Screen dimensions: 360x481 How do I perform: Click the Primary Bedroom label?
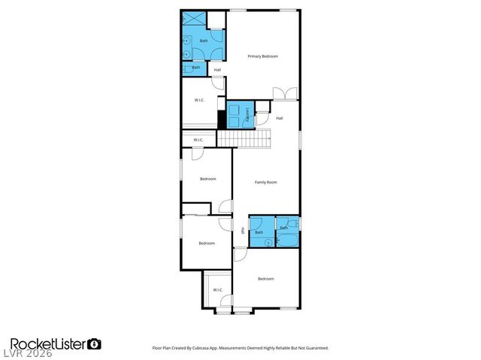tap(263, 56)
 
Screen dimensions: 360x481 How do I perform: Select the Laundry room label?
tap(248, 114)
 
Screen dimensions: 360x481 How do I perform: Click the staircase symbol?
tap(243, 139)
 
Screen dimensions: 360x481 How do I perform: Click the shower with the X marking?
tap(193, 20)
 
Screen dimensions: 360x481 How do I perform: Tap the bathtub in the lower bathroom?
tap(288, 241)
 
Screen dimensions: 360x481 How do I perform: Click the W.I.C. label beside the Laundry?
tap(200, 100)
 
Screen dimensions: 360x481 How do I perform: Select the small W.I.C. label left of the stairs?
tap(198, 140)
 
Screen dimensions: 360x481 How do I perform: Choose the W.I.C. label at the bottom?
tap(218, 289)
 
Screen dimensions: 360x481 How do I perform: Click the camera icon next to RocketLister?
tap(95, 343)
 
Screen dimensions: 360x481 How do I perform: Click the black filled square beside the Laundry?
tap(222, 118)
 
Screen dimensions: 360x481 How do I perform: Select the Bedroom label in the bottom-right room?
tap(265, 279)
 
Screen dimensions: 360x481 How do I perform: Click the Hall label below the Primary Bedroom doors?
tap(280, 118)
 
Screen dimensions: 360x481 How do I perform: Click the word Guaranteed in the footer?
tap(312, 348)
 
